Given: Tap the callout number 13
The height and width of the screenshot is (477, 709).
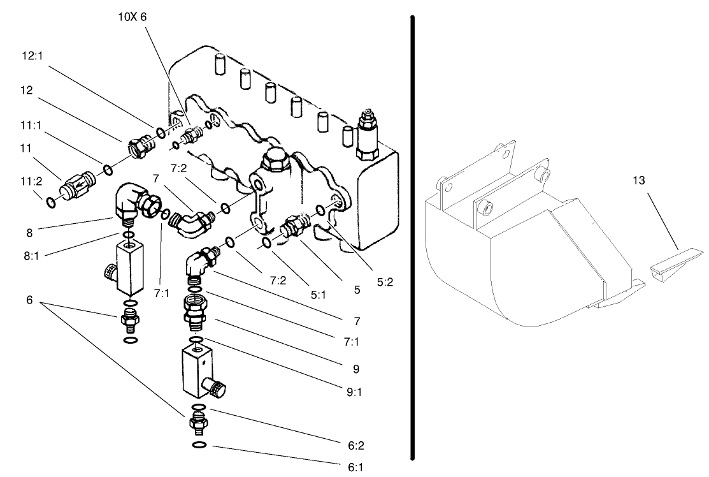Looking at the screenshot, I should click(x=638, y=180).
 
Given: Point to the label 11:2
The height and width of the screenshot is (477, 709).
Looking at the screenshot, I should click(x=27, y=182).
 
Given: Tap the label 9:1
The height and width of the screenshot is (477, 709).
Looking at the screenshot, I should click(x=354, y=392).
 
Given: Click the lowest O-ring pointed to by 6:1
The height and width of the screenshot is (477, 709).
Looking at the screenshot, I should click(x=198, y=444).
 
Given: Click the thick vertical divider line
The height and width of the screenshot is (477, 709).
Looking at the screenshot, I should click(x=413, y=236).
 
